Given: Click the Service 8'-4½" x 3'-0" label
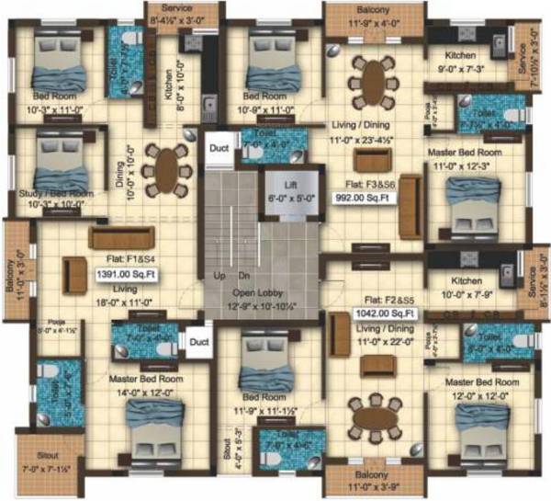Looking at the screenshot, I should pyautogui.click(x=176, y=12).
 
